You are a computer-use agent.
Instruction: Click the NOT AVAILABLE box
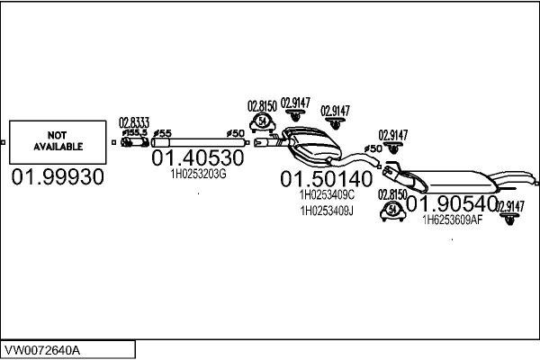pyautogui.click(x=58, y=141)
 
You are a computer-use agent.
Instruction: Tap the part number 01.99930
pyautogui.click(x=58, y=177)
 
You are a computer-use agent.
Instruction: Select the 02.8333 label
pyautogui.click(x=133, y=121)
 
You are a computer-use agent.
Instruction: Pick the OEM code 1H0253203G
pyautogui.click(x=198, y=175)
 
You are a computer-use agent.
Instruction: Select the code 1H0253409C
pyautogui.click(x=327, y=193)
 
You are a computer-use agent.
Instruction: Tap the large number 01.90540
pyautogui.click(x=452, y=204)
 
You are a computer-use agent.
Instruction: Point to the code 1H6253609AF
pyautogui.click(x=453, y=220)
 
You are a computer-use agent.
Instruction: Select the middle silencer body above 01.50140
pyautogui.click(x=312, y=142)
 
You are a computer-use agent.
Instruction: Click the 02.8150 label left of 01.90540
pyautogui.click(x=392, y=193)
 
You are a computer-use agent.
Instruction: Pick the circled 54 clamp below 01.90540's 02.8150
pyautogui.click(x=392, y=210)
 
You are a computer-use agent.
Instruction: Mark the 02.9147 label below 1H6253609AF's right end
pyautogui.click(x=509, y=206)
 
